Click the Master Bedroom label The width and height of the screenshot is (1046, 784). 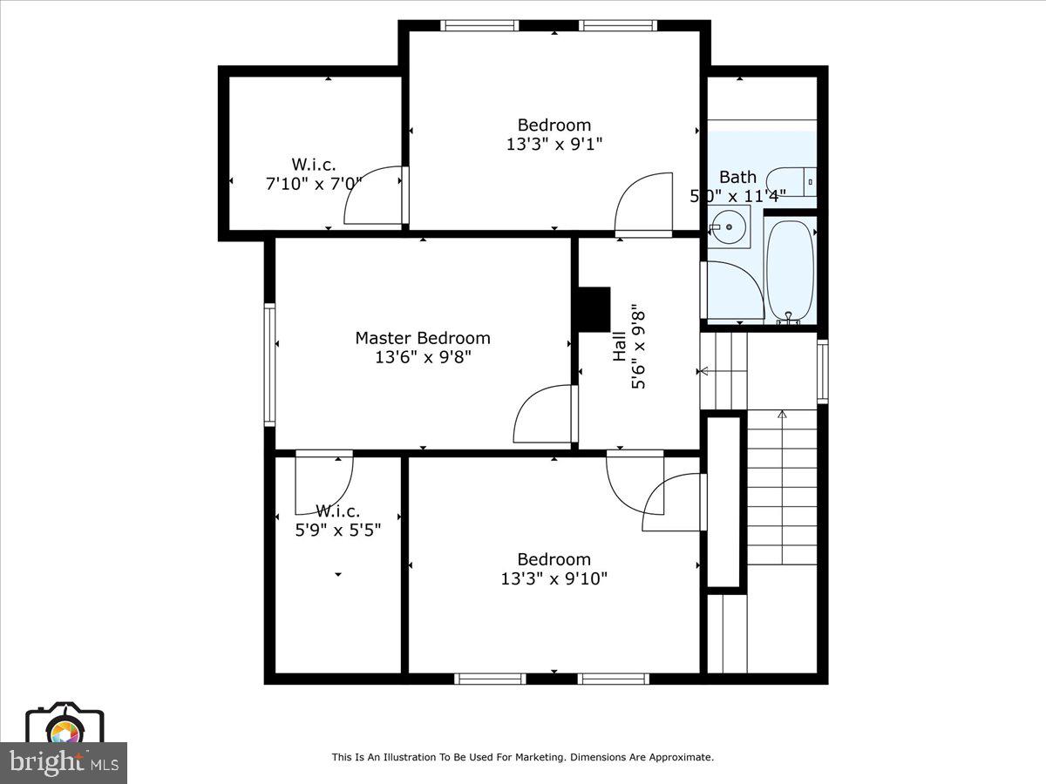pyautogui.click(x=423, y=337)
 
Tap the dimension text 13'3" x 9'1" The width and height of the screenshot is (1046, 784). pyautogui.click(x=554, y=144)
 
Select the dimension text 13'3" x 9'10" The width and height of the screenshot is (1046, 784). pyautogui.click(x=554, y=578)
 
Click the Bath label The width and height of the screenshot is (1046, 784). pyautogui.click(x=737, y=177)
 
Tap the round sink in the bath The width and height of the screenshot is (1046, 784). pyautogui.click(x=728, y=226)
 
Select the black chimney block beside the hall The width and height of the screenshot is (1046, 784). pyautogui.click(x=594, y=309)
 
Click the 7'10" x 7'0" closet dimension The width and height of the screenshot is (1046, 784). pyautogui.click(x=313, y=183)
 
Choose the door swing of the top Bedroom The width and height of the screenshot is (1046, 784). pyautogui.click(x=643, y=203)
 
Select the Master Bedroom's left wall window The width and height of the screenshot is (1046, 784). pyautogui.click(x=269, y=364)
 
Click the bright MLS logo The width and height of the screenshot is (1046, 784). pyautogui.click(x=63, y=762)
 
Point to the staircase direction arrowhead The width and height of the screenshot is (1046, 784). pyautogui.click(x=782, y=415)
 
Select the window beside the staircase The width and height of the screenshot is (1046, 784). pyautogui.click(x=822, y=371)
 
